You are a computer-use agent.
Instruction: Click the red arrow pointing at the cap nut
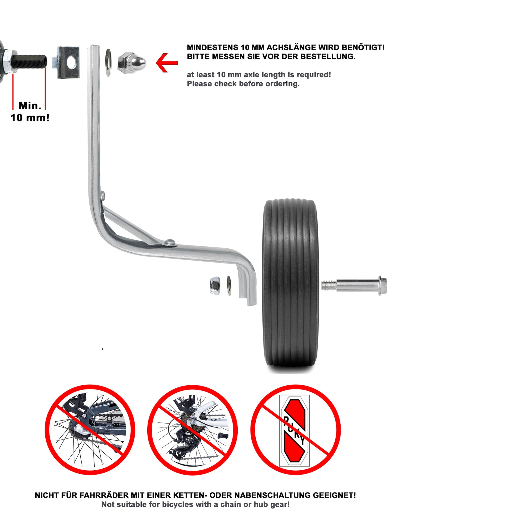(166, 63)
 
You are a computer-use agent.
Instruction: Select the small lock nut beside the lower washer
(215, 285)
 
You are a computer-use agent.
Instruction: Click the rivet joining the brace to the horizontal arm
(170, 241)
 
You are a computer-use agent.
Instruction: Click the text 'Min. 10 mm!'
(30, 112)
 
